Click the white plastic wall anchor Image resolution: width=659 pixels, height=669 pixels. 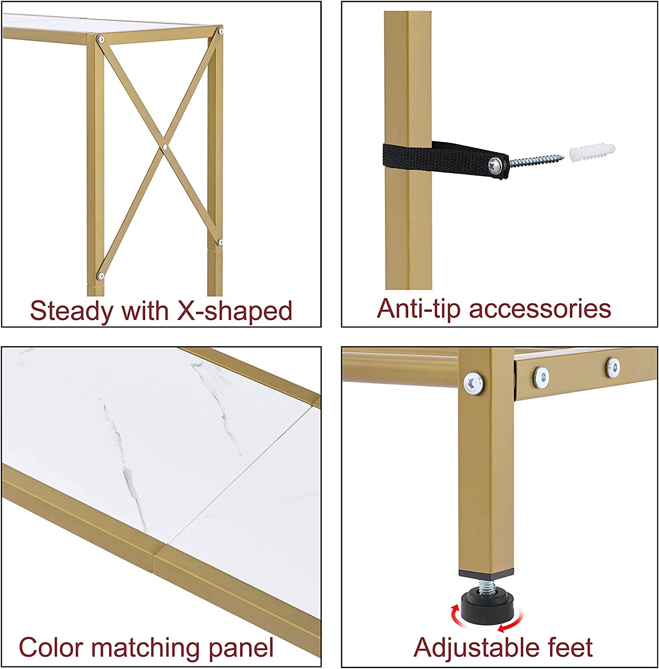[x=592, y=154]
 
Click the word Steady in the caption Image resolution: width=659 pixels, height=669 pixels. [x=71, y=311]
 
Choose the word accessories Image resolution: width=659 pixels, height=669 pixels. [x=540, y=309]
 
